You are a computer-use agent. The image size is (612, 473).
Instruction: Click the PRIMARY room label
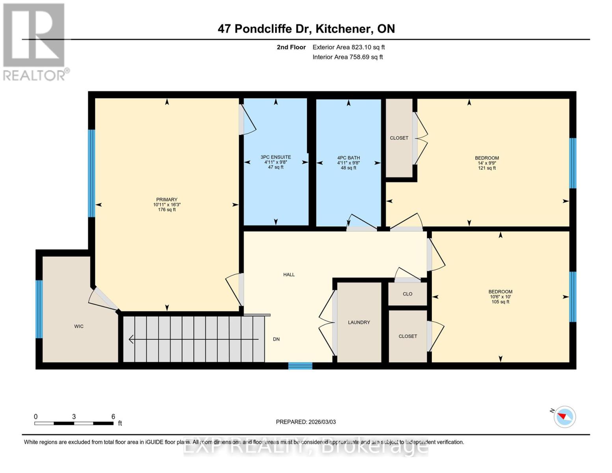pos(167,199)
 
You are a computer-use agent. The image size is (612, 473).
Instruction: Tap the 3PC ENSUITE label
pos(275,157)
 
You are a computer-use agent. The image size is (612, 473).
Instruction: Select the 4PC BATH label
pos(348,158)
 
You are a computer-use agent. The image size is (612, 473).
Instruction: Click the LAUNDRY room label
pos(359,322)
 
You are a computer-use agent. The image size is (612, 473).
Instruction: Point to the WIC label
pos(79,326)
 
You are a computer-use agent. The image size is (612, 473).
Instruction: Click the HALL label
pos(289,275)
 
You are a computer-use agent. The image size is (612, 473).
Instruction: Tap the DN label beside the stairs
pos(276,339)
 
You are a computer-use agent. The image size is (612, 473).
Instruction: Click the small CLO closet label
pos(407,294)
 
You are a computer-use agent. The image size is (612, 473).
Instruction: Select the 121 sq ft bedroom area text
pos(487,168)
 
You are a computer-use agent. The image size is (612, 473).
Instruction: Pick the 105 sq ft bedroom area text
pos(500,302)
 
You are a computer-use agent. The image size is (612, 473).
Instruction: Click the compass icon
pos(564,417)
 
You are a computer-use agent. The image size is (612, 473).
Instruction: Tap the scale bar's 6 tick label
pos(113,417)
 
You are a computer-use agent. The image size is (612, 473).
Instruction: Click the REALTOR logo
pos(35,41)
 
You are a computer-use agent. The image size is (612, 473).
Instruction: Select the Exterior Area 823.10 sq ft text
pos(348,47)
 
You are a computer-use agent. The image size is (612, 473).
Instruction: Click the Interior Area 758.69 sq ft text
pos(348,57)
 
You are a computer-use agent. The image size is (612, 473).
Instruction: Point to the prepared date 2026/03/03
pos(321,422)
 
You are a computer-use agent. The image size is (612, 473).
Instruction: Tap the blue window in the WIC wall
pos(39,309)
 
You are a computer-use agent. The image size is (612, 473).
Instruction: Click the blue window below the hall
pos(300,366)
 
